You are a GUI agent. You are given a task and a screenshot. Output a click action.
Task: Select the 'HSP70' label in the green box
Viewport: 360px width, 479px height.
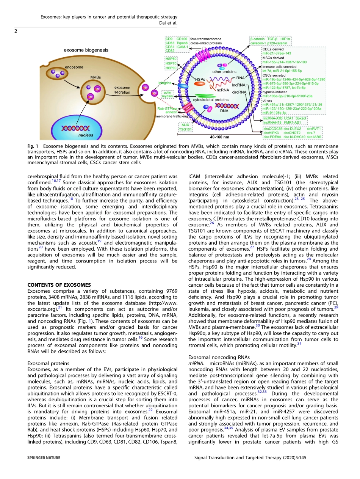coord(171,63)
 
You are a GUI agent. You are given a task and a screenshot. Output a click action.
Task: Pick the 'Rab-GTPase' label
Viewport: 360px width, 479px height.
coord(167,108)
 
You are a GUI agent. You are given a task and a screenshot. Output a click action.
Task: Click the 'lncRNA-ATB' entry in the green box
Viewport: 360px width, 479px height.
coord(272,118)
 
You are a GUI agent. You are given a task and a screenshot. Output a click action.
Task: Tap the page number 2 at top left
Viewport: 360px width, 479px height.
coord(16,31)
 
